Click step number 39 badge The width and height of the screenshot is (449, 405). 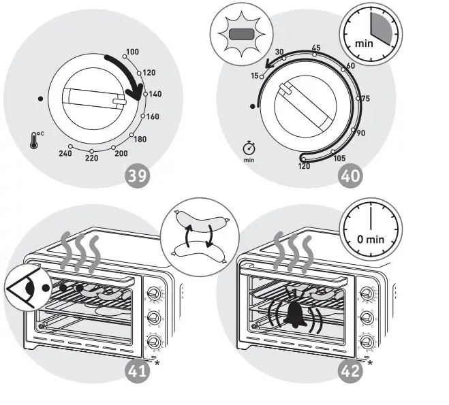point(138,176)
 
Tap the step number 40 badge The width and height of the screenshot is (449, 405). point(352,176)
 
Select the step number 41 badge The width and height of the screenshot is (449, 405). point(138,371)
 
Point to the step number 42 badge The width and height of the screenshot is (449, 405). point(352,371)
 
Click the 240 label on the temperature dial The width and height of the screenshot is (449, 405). point(65,155)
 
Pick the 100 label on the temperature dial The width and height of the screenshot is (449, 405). point(132,52)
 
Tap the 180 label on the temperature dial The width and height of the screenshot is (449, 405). point(139,140)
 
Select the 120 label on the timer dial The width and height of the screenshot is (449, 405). point(305,165)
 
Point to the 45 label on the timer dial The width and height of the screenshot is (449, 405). point(315,48)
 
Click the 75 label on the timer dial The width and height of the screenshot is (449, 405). point(365,99)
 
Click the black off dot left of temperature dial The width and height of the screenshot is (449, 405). point(42,99)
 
